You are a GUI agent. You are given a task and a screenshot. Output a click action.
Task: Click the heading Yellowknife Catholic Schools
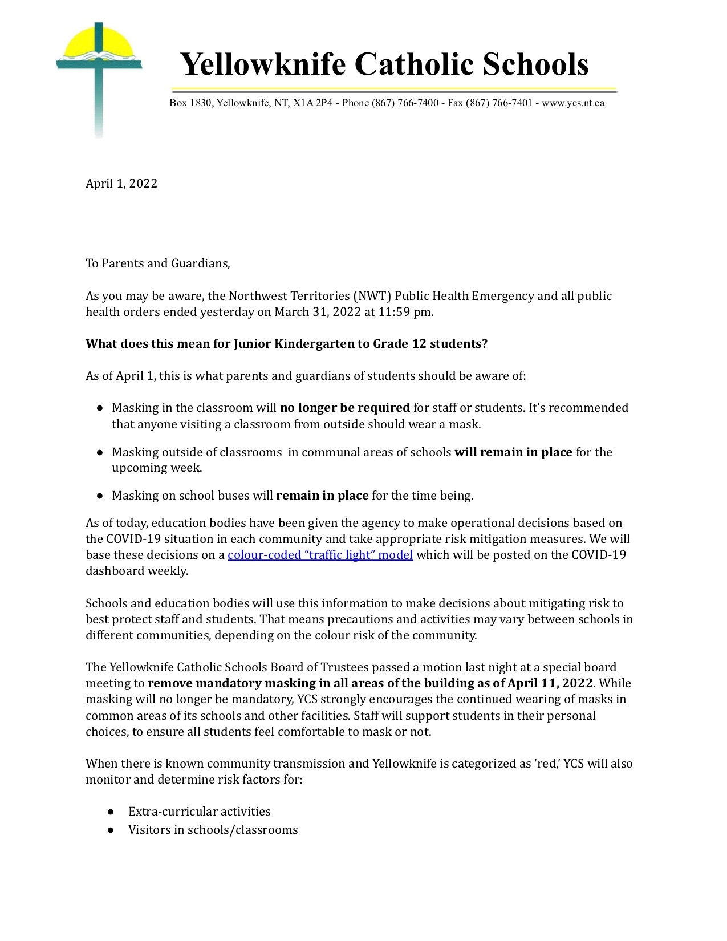(x=384, y=63)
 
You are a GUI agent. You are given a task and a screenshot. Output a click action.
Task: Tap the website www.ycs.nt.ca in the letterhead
(x=572, y=103)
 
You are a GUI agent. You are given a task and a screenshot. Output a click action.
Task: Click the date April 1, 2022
(x=121, y=184)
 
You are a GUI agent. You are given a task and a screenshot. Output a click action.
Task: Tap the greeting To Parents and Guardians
(x=158, y=263)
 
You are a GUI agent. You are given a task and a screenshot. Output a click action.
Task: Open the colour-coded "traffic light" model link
(x=320, y=555)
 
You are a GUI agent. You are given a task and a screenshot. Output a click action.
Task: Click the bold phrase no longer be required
(x=345, y=408)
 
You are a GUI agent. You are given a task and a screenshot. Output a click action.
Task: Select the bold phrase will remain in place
(x=513, y=452)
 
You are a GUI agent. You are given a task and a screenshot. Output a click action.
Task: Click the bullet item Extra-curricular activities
(x=199, y=812)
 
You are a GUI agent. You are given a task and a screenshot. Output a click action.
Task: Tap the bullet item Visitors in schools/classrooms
(x=213, y=830)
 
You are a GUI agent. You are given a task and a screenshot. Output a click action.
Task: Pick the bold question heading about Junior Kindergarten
(x=286, y=344)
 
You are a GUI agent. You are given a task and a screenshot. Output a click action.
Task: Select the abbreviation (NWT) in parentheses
(x=372, y=296)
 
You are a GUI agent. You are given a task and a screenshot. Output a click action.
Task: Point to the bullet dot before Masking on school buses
(x=100, y=496)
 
